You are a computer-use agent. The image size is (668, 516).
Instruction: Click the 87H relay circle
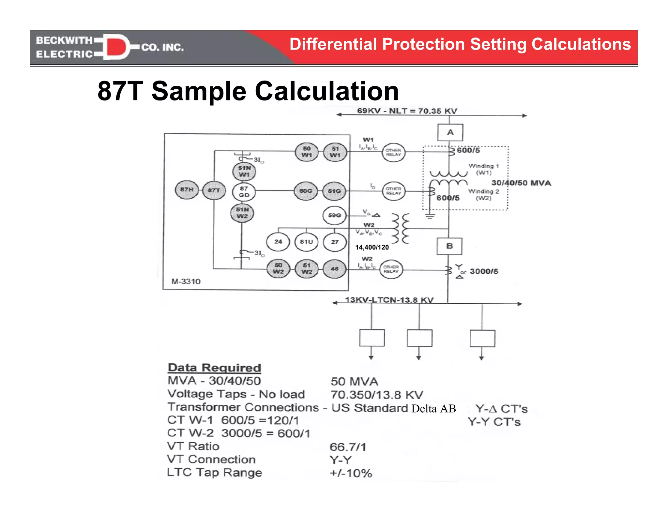(187, 190)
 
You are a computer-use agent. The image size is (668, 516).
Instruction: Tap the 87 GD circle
(244, 192)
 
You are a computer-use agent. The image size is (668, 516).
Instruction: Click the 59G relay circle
(334, 216)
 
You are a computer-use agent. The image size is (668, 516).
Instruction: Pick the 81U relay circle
(306, 242)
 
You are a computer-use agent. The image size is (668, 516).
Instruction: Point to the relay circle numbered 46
(334, 269)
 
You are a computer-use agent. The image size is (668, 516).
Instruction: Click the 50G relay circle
(306, 191)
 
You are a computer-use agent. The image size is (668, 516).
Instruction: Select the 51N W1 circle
(244, 172)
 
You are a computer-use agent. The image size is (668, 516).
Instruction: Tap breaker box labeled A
(450, 132)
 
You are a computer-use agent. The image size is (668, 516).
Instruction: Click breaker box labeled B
(449, 246)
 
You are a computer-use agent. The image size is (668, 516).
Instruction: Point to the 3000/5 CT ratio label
(484, 272)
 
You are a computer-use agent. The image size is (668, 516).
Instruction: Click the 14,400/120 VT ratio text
(372, 248)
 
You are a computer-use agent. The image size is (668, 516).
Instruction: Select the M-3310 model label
(186, 281)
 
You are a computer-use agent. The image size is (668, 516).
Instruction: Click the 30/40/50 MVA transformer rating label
(521, 183)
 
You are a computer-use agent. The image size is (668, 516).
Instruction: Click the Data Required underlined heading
(214, 368)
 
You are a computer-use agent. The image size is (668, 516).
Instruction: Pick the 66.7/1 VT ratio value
(348, 447)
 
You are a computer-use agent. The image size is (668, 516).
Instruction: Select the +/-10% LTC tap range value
(351, 473)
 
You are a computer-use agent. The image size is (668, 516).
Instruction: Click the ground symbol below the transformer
(430, 216)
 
